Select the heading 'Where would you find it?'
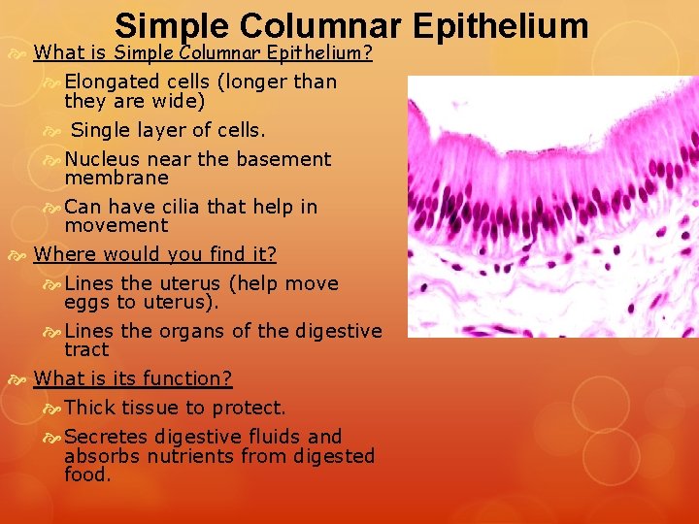coord(155,254)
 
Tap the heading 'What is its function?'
coord(133,378)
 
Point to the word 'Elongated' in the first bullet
coord(109,82)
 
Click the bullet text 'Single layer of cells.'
coord(168,130)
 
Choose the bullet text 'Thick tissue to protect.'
coord(175,408)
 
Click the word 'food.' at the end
coord(87,475)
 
